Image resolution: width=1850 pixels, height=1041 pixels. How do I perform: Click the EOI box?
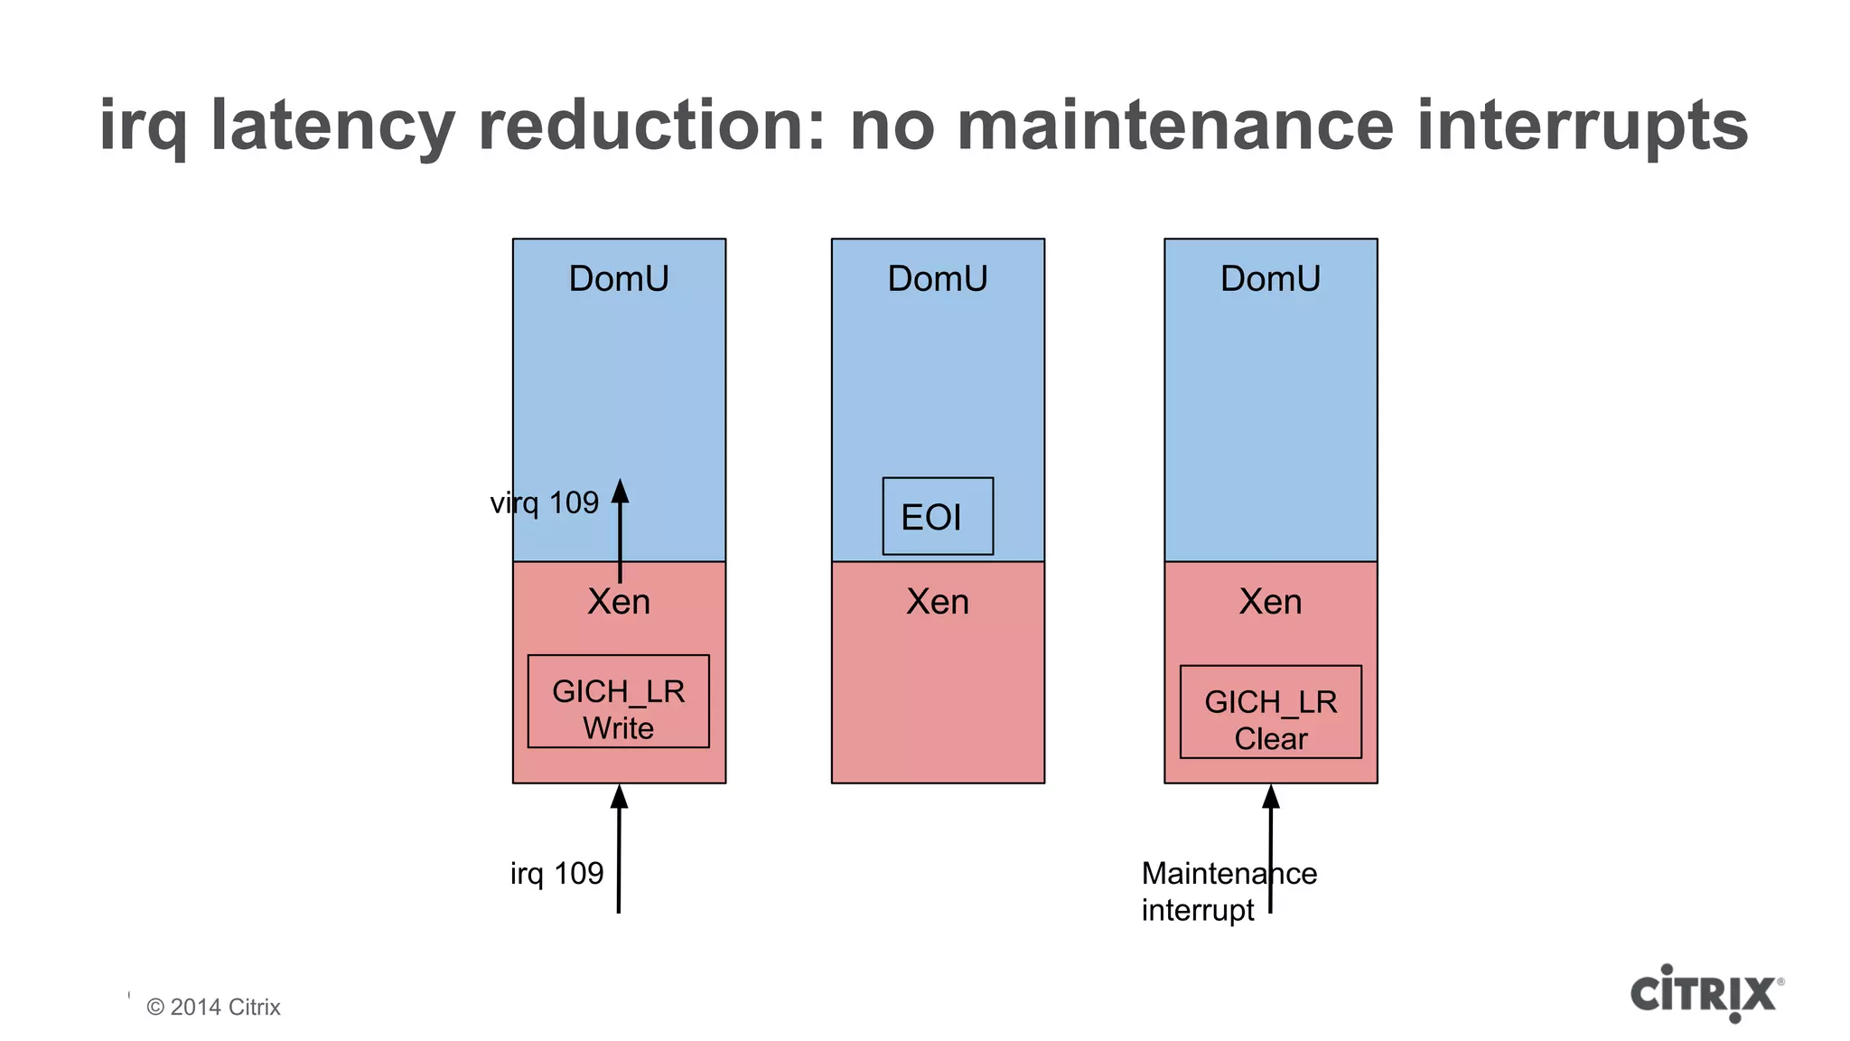938,516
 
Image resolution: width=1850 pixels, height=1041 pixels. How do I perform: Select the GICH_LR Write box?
619,701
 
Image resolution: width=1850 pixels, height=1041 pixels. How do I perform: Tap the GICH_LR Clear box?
1270,712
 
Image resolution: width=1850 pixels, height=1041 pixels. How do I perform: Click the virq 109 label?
545,502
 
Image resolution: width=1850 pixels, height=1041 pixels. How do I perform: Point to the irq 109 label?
556,873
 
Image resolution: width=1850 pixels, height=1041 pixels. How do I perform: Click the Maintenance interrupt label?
1229,891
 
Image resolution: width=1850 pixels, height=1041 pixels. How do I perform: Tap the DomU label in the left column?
619,278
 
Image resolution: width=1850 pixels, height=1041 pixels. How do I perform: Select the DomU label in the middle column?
938,278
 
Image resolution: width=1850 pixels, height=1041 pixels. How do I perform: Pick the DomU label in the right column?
1270,278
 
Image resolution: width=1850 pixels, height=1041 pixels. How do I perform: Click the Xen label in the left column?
619,602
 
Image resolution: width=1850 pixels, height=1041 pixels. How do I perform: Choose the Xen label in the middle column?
938,602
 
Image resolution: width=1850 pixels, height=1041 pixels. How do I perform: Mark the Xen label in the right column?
1270,602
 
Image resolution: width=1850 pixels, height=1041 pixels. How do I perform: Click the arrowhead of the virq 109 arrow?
620,491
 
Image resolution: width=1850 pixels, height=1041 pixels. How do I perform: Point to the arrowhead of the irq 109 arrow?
619,796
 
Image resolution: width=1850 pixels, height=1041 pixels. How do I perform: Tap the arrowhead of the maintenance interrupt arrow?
1271,796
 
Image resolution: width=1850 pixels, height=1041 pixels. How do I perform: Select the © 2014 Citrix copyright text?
214,1007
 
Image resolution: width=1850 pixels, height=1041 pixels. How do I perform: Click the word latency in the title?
332,127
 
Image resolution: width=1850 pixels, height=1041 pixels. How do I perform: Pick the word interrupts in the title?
1582,127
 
